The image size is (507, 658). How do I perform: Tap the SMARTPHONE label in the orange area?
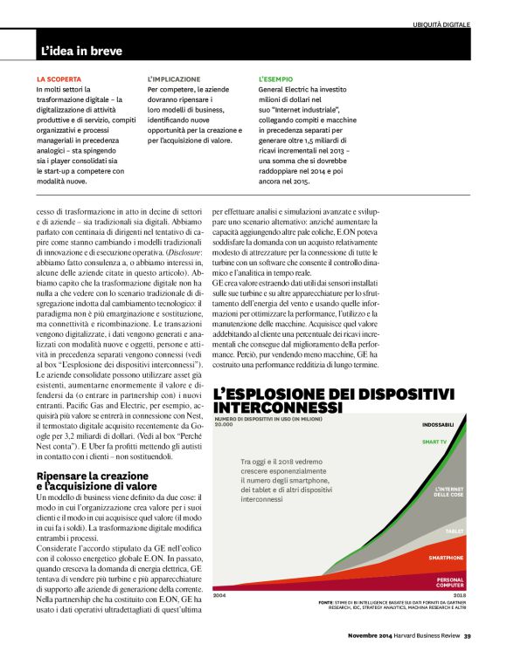pyautogui.click(x=446, y=557)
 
